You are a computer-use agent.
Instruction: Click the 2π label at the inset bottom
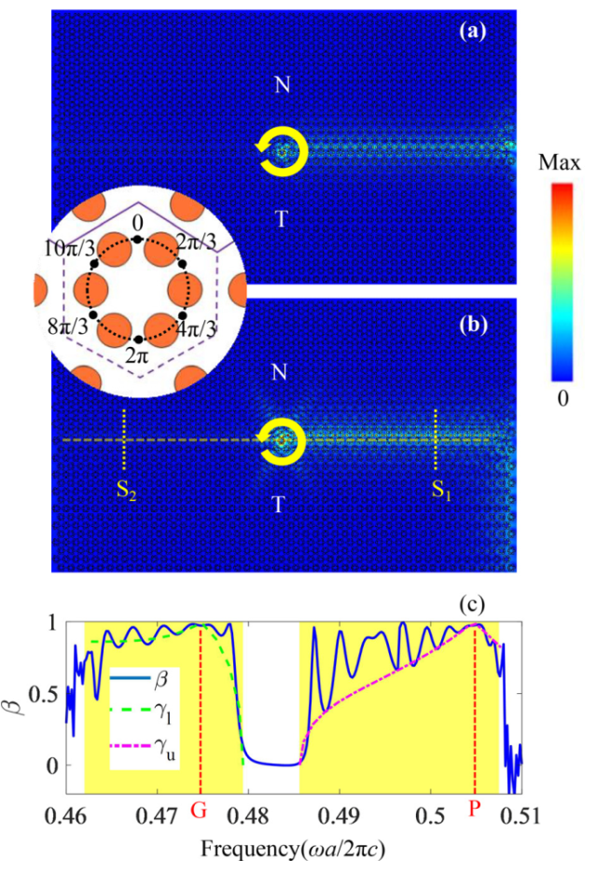pos(139,353)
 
